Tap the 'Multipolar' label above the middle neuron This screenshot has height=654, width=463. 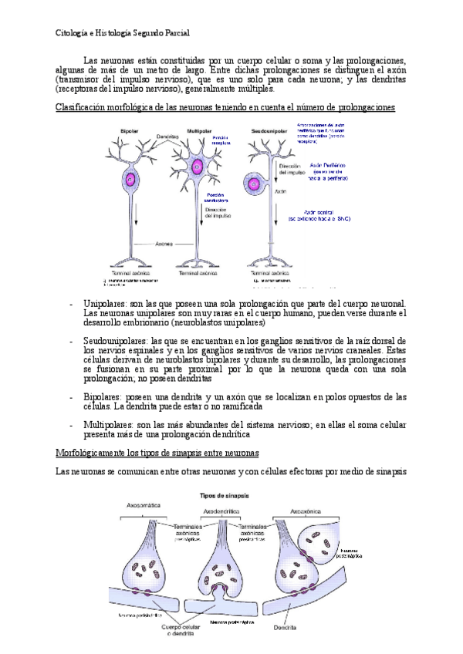pyautogui.click(x=201, y=130)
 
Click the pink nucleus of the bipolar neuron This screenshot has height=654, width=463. pyautogui.click(x=130, y=182)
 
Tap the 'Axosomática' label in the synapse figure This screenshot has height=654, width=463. pyautogui.click(x=144, y=505)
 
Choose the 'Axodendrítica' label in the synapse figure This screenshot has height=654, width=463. pyautogui.click(x=222, y=510)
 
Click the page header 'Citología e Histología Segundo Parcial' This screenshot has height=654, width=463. pyautogui.click(x=123, y=33)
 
